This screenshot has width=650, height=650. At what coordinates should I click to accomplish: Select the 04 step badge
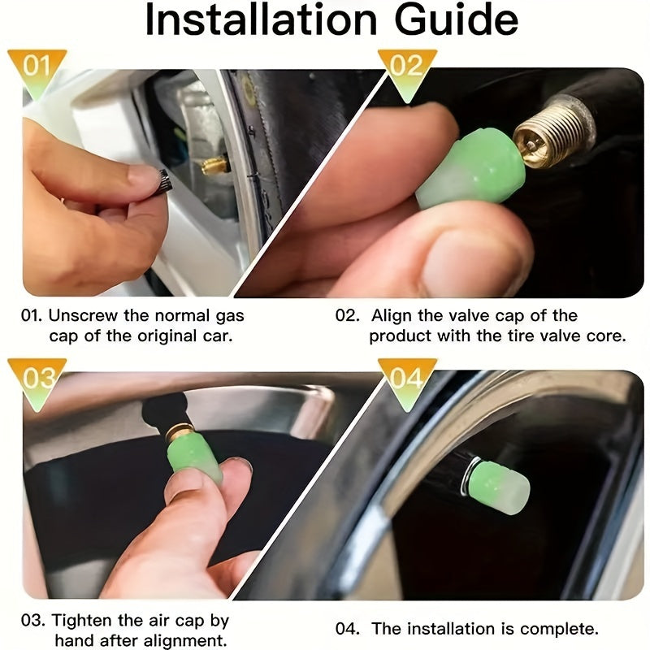point(406,378)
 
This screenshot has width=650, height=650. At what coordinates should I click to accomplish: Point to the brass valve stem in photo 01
point(215,166)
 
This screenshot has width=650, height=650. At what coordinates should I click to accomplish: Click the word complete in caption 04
point(560,628)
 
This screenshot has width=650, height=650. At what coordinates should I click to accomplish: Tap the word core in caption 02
point(606,336)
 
